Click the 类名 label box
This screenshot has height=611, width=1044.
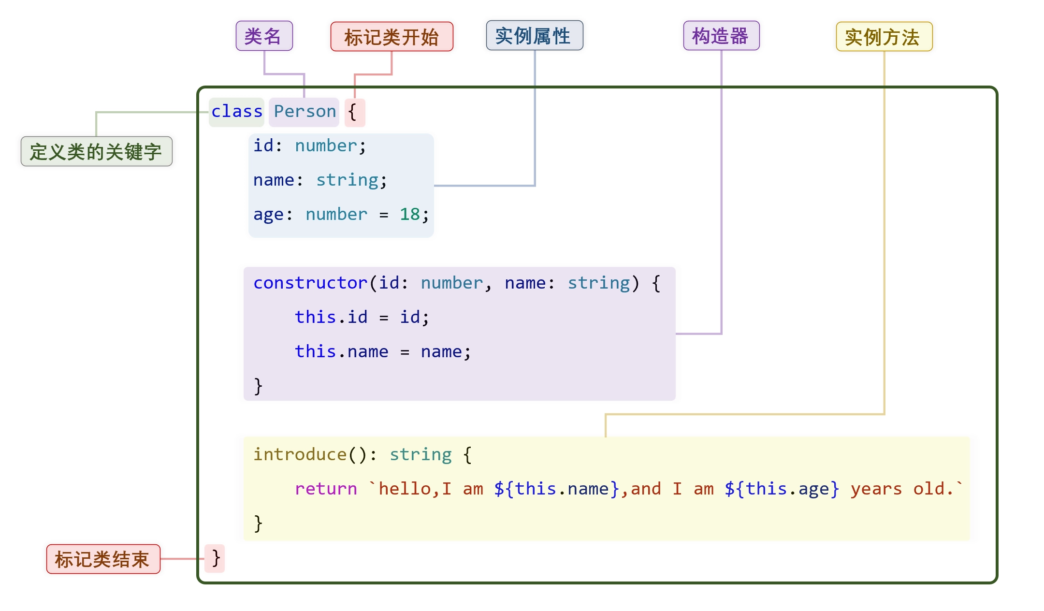click(264, 36)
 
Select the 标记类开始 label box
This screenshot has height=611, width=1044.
click(391, 37)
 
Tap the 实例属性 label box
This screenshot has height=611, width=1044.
click(534, 36)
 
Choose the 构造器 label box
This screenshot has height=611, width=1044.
click(721, 36)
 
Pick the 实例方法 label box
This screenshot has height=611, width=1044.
click(884, 37)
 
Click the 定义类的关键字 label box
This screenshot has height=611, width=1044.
click(96, 151)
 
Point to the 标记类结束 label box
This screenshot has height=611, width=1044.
click(103, 559)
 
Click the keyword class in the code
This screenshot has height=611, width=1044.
click(237, 112)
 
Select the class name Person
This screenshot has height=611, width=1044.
click(304, 112)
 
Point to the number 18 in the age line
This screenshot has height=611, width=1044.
click(409, 214)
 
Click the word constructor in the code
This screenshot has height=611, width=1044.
click(310, 283)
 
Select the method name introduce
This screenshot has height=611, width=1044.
click(300, 454)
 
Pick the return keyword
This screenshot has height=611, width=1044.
click(326, 489)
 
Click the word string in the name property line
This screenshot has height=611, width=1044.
click(348, 180)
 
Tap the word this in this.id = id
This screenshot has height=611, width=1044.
click(315, 317)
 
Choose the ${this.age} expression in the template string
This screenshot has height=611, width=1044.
click(782, 489)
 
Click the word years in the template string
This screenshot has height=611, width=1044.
click(876, 489)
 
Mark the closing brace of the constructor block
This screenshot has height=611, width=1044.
click(258, 386)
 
